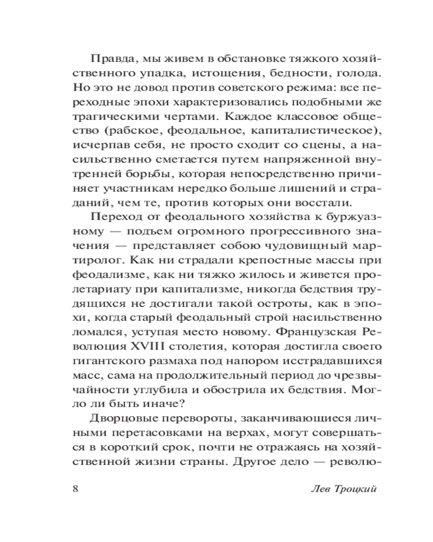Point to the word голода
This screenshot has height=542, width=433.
(x=344, y=73)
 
